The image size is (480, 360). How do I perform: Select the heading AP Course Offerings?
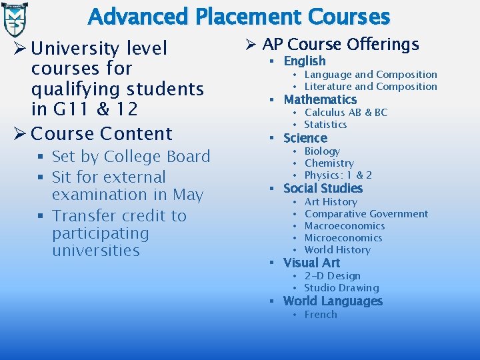[x=341, y=45]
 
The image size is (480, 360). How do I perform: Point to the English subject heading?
[x=305, y=61]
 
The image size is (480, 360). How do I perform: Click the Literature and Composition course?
[x=371, y=87]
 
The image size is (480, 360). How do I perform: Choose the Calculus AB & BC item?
[x=346, y=113]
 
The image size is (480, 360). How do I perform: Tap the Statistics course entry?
[x=325, y=125]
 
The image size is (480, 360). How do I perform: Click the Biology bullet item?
[x=322, y=151]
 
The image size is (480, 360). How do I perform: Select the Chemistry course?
[x=329, y=163]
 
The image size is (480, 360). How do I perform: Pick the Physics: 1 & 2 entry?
[x=338, y=175]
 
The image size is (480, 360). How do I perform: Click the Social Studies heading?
[x=323, y=189]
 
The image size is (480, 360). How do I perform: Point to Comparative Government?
[x=366, y=214]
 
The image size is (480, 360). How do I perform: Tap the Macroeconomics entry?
[x=344, y=226]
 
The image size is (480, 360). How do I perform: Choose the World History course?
[x=337, y=250]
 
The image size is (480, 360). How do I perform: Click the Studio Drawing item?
[x=341, y=288]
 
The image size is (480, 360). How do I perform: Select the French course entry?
[x=321, y=315]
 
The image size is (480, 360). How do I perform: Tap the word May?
[x=188, y=195]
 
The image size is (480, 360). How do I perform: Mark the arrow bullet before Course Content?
[x=19, y=134]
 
